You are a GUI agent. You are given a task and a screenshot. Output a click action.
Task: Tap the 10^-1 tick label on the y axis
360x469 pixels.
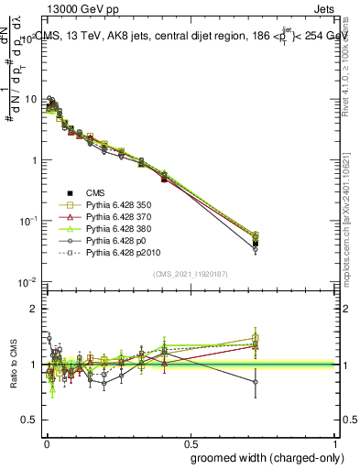click(29, 221)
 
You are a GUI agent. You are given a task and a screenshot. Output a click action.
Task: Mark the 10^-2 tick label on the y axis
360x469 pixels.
click(29, 282)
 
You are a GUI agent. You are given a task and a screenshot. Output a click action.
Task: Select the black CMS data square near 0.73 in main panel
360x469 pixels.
click(256, 243)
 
